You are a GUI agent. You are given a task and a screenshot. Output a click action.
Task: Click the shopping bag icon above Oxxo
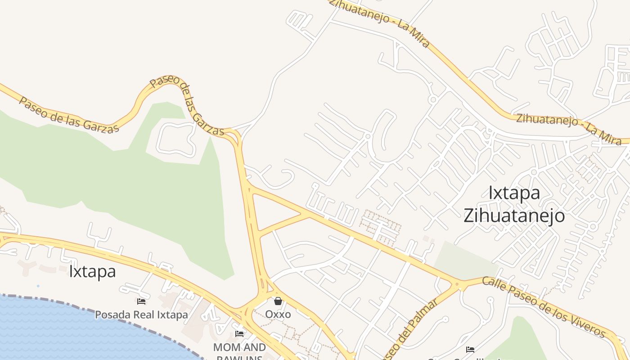[x=278, y=301]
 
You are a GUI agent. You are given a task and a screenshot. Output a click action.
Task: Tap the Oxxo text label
[x=278, y=314]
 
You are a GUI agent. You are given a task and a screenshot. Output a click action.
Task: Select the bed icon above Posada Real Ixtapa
[x=141, y=301]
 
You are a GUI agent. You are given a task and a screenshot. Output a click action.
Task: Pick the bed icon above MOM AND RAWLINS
[x=239, y=334]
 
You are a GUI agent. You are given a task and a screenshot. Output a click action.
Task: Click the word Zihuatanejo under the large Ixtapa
[x=514, y=216]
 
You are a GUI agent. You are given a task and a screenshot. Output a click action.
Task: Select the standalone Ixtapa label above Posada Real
[x=92, y=271]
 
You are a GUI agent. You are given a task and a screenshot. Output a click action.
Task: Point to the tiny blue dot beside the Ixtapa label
[x=38, y=286]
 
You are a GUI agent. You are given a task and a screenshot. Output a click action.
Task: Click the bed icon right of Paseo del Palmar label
[x=470, y=349]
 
